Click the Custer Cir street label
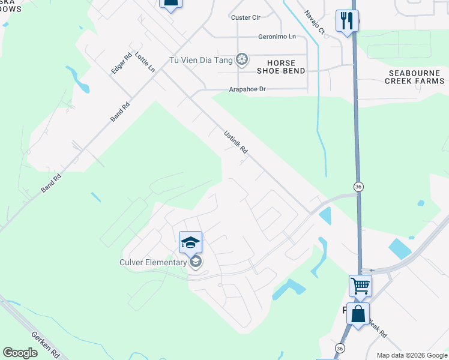click(x=246, y=17)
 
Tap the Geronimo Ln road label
click(x=277, y=37)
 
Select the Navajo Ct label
click(x=314, y=22)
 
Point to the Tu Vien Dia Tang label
click(x=202, y=59)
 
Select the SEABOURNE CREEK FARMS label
click(x=415, y=76)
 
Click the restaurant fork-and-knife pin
click(x=347, y=21)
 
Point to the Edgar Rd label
click(x=121, y=64)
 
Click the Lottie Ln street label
click(x=145, y=62)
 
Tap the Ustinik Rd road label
click(x=236, y=143)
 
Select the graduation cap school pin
click(x=190, y=242)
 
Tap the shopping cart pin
click(x=360, y=286)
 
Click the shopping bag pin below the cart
click(x=358, y=314)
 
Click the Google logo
click(x=20, y=353)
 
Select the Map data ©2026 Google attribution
click(x=411, y=355)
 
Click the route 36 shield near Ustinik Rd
click(x=358, y=187)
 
